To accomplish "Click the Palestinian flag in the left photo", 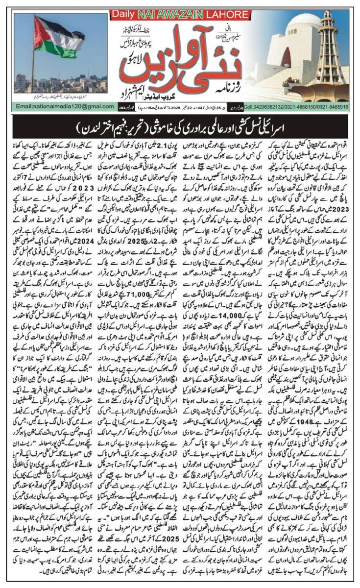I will click(x=56, y=37).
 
